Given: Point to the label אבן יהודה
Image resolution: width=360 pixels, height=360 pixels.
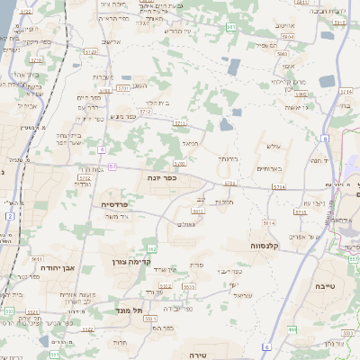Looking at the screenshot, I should pyautogui.click(x=62, y=266).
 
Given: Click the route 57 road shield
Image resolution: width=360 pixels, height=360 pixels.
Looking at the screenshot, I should pyautogui.click(x=112, y=166).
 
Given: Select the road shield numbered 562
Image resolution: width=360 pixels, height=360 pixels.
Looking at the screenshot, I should pyautogui.click(x=152, y=247).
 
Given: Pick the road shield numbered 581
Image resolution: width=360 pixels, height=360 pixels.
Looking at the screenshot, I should pyautogui.click(x=232, y=28).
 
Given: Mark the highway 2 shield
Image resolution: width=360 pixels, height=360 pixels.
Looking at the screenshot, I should pyautogui.click(x=9, y=241).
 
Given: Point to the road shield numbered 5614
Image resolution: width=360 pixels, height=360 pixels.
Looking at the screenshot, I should pyautogui.click(x=268, y=221).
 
